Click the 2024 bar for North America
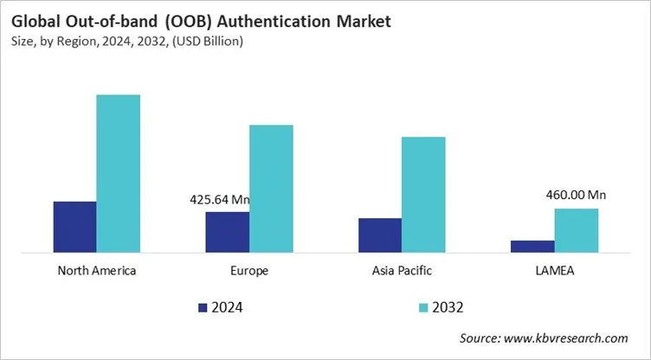74,227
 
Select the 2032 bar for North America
118,174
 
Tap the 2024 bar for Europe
227,232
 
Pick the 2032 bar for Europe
271,189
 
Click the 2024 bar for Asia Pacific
380,235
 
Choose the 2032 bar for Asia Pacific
423,195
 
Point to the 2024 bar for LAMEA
532,247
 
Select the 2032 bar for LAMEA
576,230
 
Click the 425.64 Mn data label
219,200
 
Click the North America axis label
96,271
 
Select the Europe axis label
249,271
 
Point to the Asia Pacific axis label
402,271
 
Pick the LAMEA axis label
554,271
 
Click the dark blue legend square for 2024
203,307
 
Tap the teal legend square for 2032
423,307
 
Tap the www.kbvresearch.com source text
568,338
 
